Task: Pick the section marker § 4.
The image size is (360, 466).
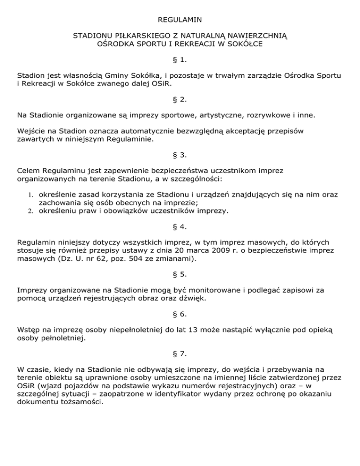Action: pyautogui.click(x=180, y=227)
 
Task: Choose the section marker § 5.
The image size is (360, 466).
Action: pyautogui.click(x=180, y=275)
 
